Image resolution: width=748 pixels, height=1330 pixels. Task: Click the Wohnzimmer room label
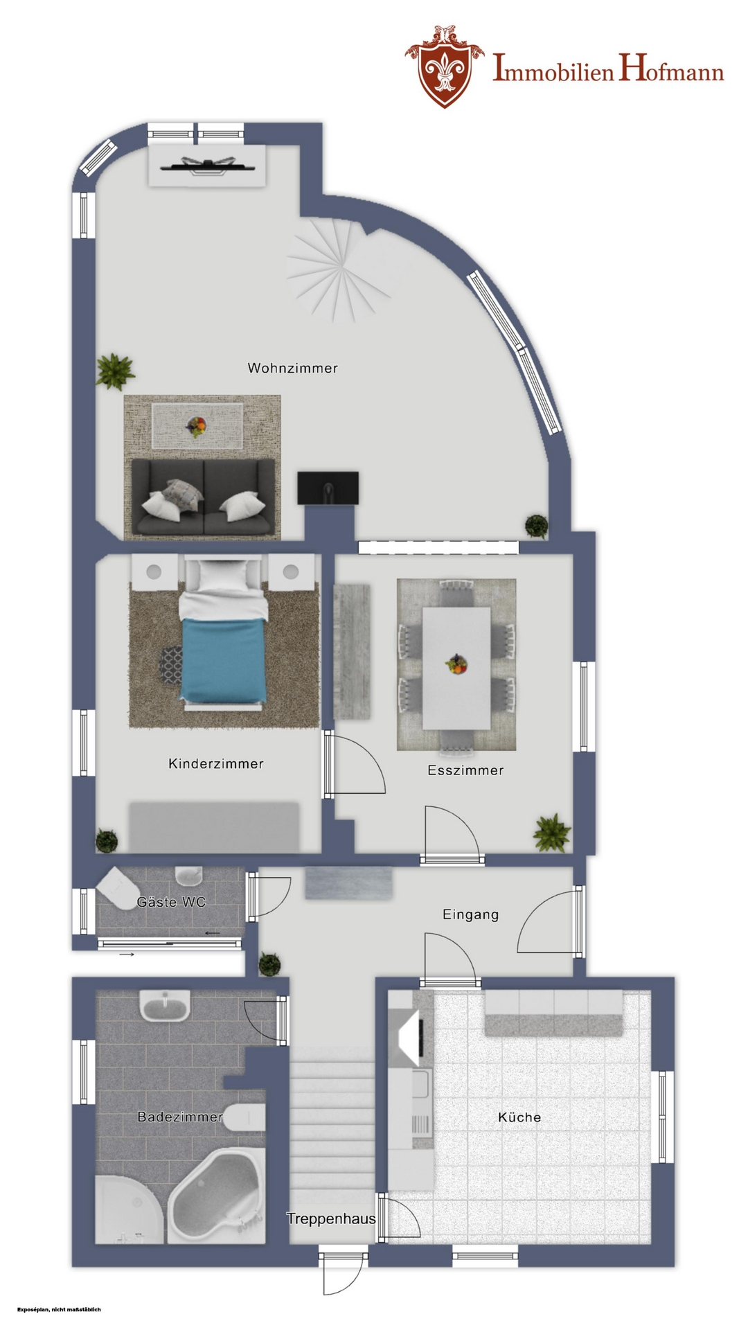click(x=293, y=368)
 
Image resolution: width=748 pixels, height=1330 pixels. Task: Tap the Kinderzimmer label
click(x=216, y=763)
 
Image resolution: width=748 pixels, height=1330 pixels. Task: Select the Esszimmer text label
click(x=465, y=770)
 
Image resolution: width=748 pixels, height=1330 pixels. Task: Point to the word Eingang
click(x=471, y=914)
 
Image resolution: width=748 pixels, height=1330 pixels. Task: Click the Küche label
click(x=519, y=1117)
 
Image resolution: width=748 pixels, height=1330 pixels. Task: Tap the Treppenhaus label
click(x=332, y=1218)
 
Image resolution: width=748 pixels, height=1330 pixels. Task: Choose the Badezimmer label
click(x=180, y=1117)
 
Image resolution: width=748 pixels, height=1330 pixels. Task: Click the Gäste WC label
click(x=171, y=902)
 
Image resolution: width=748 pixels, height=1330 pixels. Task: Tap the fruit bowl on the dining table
click(x=456, y=664)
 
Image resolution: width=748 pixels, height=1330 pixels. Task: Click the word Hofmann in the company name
click(x=671, y=70)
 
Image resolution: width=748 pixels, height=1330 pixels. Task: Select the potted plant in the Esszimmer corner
click(x=552, y=832)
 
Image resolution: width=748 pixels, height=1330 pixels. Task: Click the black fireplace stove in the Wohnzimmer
click(x=328, y=488)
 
